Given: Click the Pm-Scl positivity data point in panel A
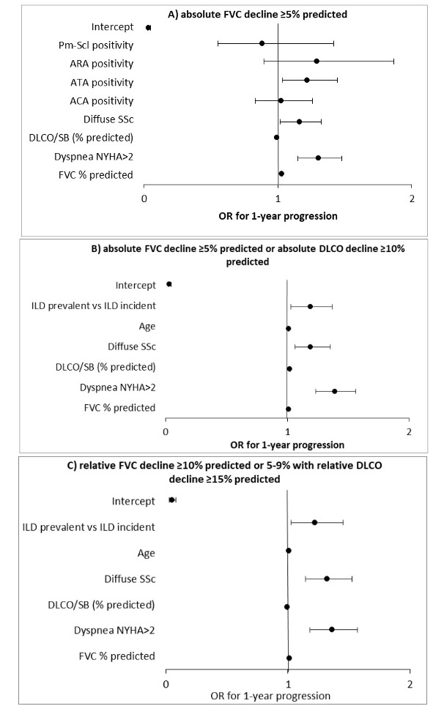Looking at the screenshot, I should pyautogui.click(x=262, y=43).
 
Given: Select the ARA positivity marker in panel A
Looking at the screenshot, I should pyautogui.click(x=317, y=62).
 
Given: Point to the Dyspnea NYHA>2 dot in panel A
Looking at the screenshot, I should pyautogui.click(x=318, y=157).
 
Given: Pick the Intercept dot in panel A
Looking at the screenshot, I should pyautogui.click(x=148, y=28).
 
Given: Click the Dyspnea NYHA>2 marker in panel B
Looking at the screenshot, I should pyautogui.click(x=334, y=391).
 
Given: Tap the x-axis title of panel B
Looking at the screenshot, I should pyautogui.click(x=286, y=444).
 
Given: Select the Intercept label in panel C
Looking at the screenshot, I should pyautogui.click(x=133, y=501).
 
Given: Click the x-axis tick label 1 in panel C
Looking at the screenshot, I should pyautogui.click(x=288, y=684).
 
